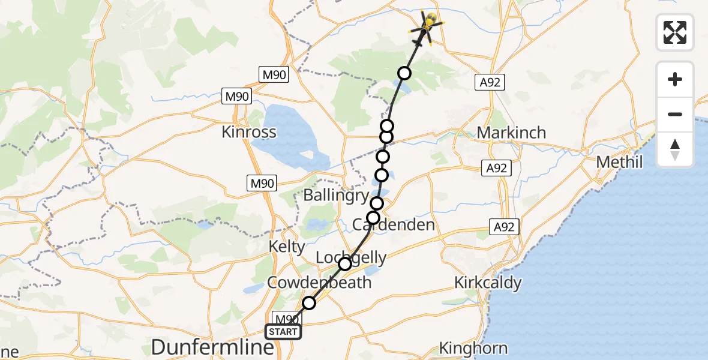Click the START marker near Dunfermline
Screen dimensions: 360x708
click(x=283, y=332)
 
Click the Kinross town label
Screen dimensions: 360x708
click(x=249, y=132)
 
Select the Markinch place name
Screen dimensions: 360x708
click(x=511, y=132)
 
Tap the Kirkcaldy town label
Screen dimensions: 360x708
click(x=488, y=283)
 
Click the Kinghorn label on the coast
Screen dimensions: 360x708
click(x=473, y=348)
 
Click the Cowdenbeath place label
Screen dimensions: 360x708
click(x=320, y=283)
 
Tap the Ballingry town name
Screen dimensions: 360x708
click(x=335, y=196)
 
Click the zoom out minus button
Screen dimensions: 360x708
click(x=675, y=114)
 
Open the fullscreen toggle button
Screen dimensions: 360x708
click(x=675, y=32)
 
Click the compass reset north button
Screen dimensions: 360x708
click(x=675, y=149)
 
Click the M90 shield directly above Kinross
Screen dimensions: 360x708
click(x=236, y=96)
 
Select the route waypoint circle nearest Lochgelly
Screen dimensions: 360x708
click(x=345, y=264)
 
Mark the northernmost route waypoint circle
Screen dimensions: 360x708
click(x=404, y=73)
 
